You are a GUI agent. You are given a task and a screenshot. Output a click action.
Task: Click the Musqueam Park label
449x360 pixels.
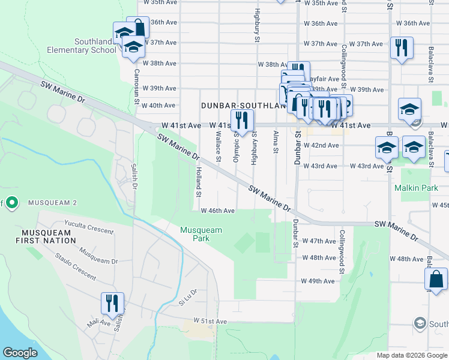click(x=201, y=234)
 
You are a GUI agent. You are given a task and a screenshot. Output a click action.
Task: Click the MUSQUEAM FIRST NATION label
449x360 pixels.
click(x=49, y=236)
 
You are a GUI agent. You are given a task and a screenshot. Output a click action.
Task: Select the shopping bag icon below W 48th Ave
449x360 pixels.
click(x=435, y=279)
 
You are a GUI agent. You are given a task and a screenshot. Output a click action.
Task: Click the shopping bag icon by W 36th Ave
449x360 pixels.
click(x=138, y=27)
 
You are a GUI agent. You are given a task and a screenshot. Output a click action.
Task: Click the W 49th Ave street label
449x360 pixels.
click(x=318, y=281)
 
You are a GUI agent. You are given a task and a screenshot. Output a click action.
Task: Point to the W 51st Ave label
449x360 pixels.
click(x=210, y=322)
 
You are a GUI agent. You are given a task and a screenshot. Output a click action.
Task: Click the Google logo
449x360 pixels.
click(x=20, y=353)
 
